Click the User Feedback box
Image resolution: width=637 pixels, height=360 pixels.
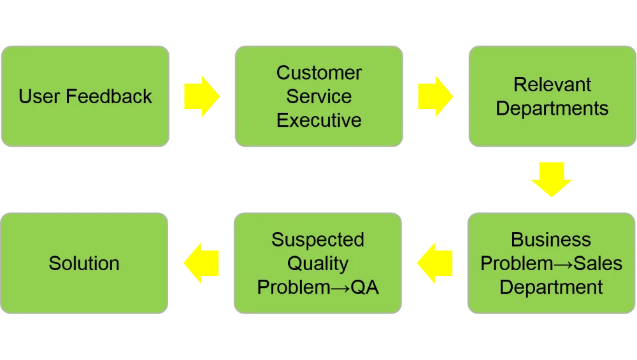tap(85, 96)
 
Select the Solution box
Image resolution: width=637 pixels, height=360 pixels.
tap(84, 263)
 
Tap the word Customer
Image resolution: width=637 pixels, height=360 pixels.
tap(318, 73)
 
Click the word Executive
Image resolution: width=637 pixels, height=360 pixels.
tap(318, 120)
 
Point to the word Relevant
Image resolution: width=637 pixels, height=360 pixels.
tap(552, 84)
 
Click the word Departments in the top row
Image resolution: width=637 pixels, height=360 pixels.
tap(552, 108)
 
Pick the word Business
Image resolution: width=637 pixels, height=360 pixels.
tap(551, 240)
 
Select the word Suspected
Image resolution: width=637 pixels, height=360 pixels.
tap(318, 240)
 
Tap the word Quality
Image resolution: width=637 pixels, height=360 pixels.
tap(318, 263)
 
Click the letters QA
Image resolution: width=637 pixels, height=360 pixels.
tap(364, 287)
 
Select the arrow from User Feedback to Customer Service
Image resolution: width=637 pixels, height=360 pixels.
tap(201, 96)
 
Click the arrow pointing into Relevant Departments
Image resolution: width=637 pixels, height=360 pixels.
tap(435, 96)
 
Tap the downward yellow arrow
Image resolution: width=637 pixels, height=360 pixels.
tap(552, 180)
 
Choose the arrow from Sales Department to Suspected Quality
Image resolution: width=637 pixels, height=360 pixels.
tap(435, 263)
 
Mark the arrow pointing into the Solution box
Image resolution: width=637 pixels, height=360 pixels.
tap(201, 263)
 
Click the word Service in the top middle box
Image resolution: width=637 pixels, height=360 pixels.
tap(318, 96)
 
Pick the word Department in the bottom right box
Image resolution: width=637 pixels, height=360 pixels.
tap(551, 287)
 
